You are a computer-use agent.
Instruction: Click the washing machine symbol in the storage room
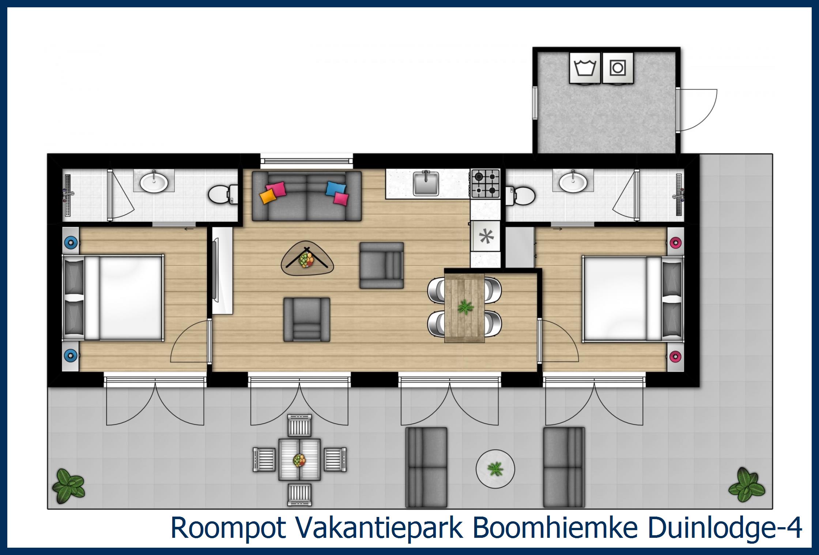[585, 68]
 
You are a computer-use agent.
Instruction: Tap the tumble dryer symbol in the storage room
[618, 68]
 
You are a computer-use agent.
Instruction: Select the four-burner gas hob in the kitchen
[485, 183]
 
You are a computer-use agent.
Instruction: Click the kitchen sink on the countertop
[426, 183]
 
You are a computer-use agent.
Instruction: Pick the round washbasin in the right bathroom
[573, 181]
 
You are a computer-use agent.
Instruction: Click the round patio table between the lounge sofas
[495, 469]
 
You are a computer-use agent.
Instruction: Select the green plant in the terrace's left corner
[68, 486]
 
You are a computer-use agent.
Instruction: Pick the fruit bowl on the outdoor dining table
[299, 460]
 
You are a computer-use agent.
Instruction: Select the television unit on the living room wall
[220, 270]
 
